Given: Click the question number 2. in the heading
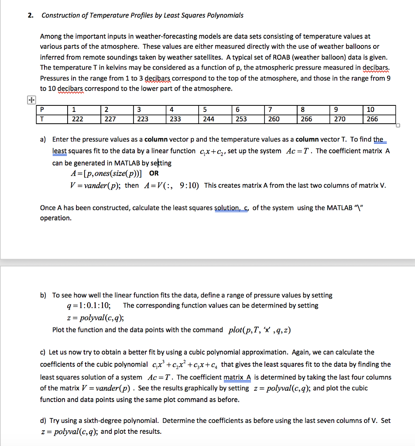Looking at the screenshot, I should (x=30, y=15).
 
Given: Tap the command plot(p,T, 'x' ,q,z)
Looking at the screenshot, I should (x=259, y=330).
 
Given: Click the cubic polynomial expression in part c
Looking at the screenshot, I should (x=185, y=365).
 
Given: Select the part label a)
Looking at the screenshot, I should (x=43, y=139).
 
